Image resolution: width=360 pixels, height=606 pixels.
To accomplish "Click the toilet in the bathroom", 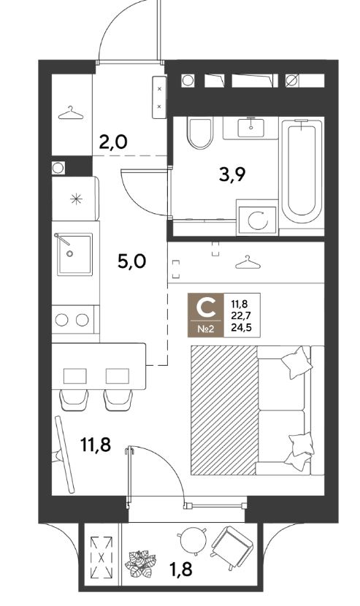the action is [x=199, y=134].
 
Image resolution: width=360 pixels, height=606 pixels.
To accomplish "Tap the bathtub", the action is [x=302, y=172].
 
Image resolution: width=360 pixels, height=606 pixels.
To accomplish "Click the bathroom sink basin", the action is [x=250, y=128].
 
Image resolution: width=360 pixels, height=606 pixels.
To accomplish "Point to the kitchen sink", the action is [x=75, y=254].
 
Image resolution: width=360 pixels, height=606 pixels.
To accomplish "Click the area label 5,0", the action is [x=131, y=261].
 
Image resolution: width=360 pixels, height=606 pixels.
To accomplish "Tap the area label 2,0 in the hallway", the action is [x=113, y=143].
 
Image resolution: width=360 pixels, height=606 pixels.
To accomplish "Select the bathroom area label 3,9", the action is [x=232, y=175].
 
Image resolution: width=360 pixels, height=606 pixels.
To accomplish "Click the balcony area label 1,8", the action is [x=180, y=569].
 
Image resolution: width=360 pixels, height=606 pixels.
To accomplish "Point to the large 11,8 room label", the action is [x=96, y=445].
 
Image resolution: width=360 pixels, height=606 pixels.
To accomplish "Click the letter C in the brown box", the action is [x=205, y=307].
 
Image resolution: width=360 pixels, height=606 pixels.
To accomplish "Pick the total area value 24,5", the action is [x=240, y=328].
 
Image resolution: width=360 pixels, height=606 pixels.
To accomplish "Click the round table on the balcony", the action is [x=192, y=542].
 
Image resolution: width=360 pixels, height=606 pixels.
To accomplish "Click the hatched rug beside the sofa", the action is [x=223, y=410].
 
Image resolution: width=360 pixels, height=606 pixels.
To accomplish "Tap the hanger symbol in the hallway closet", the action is [x=71, y=113].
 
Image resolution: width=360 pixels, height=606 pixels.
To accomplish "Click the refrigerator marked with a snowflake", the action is [x=75, y=199].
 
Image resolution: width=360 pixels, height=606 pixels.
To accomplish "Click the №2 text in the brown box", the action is [x=206, y=329].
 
